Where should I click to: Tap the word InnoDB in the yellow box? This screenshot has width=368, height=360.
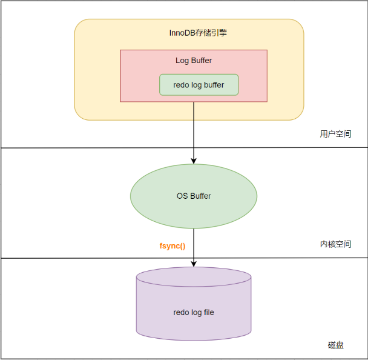(x=181, y=33)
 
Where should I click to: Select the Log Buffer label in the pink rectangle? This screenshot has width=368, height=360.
(x=193, y=61)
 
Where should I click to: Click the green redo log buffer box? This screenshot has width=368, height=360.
(x=199, y=85)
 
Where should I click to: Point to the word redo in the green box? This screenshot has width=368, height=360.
(x=181, y=85)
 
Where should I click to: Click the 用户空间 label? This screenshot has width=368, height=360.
(x=335, y=134)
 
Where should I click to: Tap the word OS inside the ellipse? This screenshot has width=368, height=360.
(x=182, y=196)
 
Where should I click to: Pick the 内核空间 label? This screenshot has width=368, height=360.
(x=335, y=244)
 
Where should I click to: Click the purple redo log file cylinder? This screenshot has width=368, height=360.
(x=193, y=313)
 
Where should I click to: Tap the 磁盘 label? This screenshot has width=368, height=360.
(x=335, y=345)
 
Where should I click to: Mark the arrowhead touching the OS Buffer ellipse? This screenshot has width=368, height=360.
(x=193, y=161)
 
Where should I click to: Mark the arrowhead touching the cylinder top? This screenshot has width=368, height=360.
(x=193, y=264)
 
